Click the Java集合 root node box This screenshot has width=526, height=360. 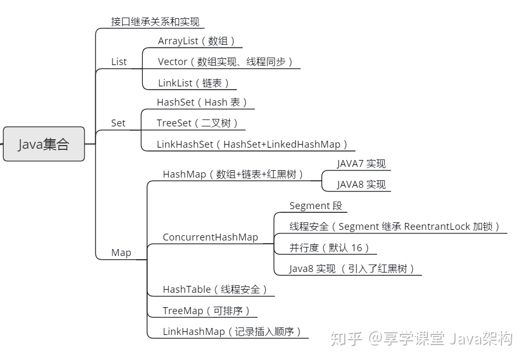tap(44, 144)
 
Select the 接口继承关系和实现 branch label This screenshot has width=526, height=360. tap(155, 22)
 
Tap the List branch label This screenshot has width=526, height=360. tap(119, 62)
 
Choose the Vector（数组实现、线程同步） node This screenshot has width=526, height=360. tap(226, 62)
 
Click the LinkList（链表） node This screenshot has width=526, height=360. tap(194, 83)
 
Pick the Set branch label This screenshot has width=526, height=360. tap(118, 123)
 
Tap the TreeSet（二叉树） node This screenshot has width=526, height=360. tap(197, 123)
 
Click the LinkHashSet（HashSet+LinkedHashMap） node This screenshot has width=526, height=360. tap(252, 144)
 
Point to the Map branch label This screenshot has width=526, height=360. tap(121, 253)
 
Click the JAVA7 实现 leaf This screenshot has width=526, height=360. tap(361, 164)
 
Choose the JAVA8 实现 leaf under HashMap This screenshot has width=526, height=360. tap(361, 185)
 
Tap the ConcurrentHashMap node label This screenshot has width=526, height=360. tap(210, 237)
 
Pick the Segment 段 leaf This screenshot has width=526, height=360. tap(315, 206)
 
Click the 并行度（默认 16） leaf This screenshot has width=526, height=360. tap(329, 247)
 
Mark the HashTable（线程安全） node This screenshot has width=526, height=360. tap(215, 290)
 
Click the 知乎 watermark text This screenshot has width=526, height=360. tap(346, 339)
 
